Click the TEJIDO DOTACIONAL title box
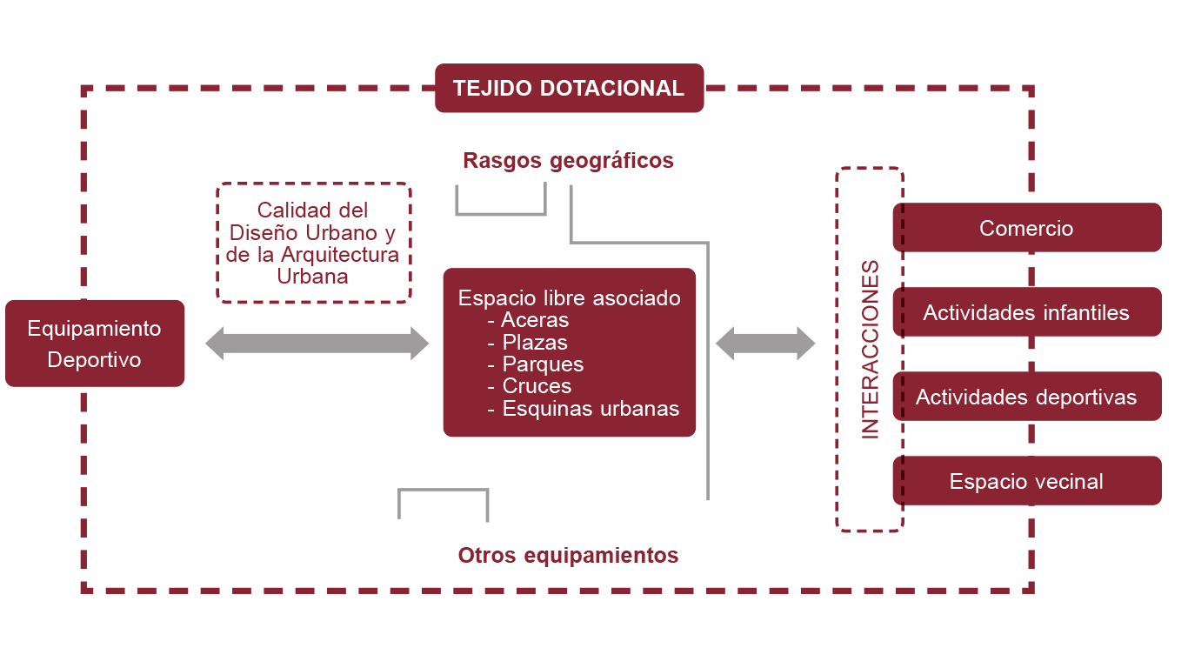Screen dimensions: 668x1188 (569, 88)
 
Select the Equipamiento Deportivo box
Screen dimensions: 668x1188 (94, 344)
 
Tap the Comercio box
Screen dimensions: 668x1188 (1026, 228)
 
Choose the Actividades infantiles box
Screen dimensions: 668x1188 (1026, 312)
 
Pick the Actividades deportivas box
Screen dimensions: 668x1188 (1026, 397)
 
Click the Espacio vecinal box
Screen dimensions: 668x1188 (1026, 481)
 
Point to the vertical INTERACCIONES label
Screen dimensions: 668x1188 (870, 349)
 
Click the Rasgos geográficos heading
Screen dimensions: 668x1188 (568, 161)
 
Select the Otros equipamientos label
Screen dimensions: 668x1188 (568, 555)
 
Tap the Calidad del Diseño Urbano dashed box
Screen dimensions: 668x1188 (312, 243)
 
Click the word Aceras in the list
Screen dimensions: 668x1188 (535, 320)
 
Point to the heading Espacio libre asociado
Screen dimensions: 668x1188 (569, 298)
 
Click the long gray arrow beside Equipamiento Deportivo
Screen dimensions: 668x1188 (317, 344)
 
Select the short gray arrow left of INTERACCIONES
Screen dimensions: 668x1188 (765, 344)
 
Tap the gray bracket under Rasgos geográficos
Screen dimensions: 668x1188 (501, 211)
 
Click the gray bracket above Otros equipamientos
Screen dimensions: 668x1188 (443, 491)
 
